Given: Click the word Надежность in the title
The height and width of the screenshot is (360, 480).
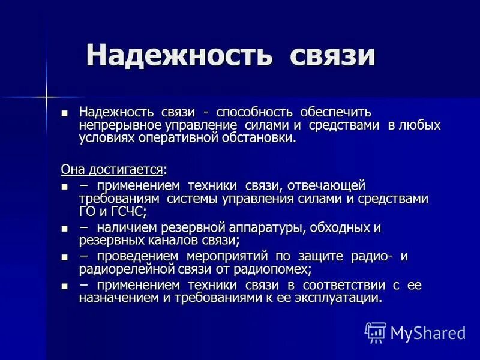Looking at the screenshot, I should (x=179, y=55).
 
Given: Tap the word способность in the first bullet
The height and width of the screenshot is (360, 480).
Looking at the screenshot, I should (x=255, y=112).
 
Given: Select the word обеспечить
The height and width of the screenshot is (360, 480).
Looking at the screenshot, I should (x=336, y=112).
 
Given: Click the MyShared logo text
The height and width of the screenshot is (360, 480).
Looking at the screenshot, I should (x=428, y=332).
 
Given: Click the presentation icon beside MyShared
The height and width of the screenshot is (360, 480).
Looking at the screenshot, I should (x=376, y=332).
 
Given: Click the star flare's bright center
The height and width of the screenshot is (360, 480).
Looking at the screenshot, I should (x=46, y=95).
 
